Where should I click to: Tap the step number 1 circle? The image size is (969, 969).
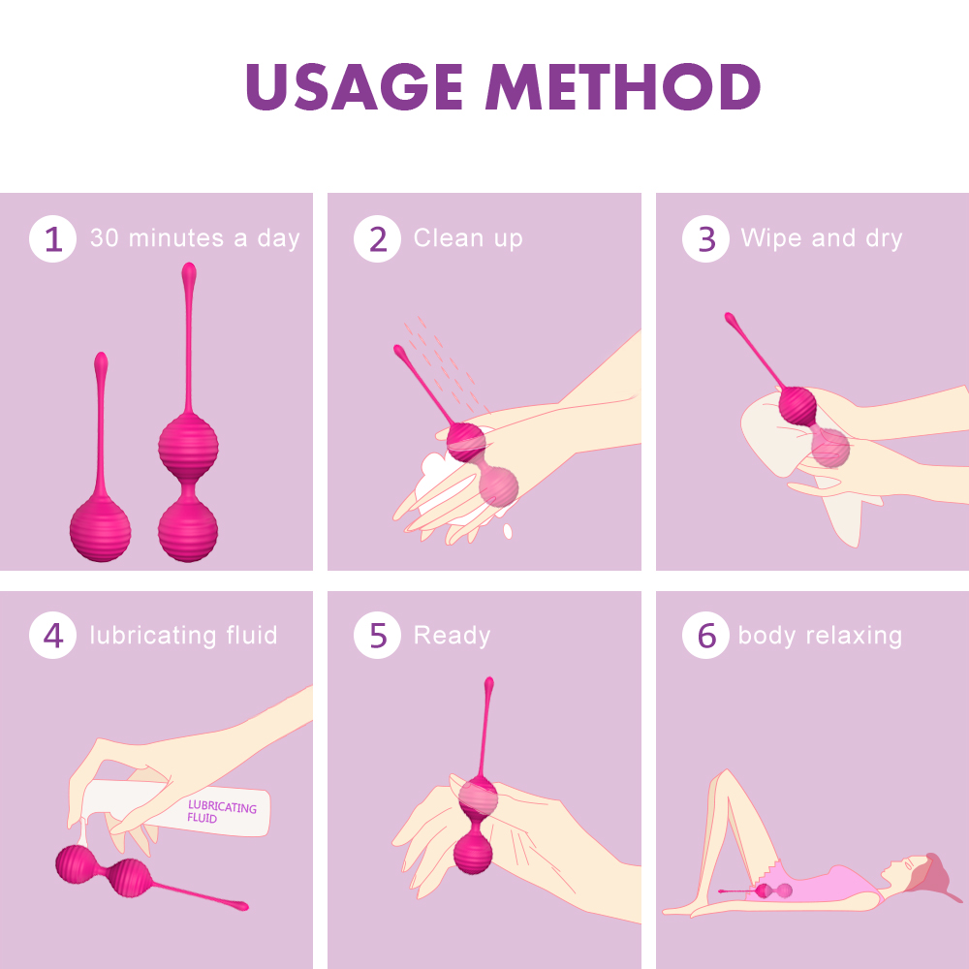(x=52, y=239)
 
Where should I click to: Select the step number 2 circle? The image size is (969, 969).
(x=377, y=239)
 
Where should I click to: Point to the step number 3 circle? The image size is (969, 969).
(x=705, y=239)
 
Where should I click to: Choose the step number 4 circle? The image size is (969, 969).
(x=52, y=637)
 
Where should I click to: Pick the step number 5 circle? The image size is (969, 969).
(x=377, y=637)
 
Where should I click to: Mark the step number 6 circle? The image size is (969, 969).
(x=705, y=637)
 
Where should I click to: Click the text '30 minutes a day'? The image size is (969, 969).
(x=195, y=238)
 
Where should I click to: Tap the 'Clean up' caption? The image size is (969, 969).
(x=468, y=238)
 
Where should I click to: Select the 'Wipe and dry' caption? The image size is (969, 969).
(x=821, y=238)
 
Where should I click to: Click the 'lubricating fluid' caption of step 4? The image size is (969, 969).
(x=183, y=636)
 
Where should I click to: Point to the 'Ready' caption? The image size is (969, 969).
(x=452, y=636)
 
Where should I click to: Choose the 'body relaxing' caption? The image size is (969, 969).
(x=820, y=636)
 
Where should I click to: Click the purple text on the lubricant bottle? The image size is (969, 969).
(x=221, y=812)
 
